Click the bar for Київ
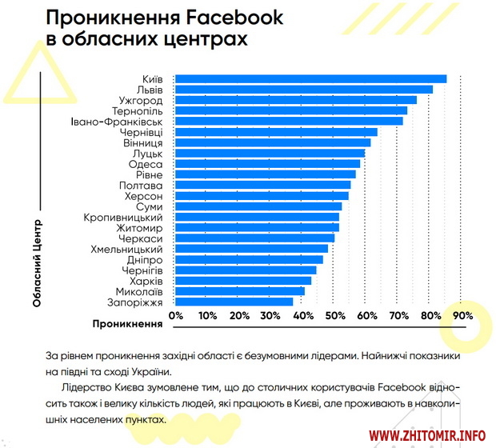pos(310,78)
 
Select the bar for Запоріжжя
pos(234,302)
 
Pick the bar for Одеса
pos(267,164)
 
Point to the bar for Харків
pos(243,281)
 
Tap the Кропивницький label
pos(123,217)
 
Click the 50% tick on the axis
pos(335,316)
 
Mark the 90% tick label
pos(462,316)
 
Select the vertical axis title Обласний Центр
pos(37,262)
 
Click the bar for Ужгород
pos(295,100)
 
